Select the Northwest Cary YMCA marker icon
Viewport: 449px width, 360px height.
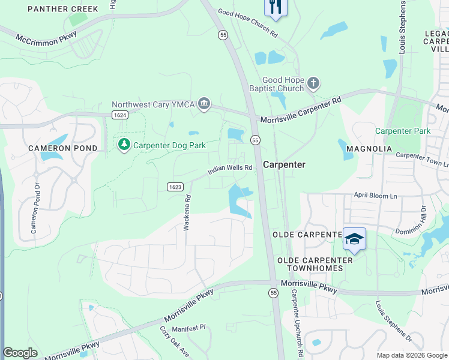(x=204, y=104)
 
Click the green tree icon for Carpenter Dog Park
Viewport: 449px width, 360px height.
(x=124, y=145)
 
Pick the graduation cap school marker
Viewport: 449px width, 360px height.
(x=354, y=239)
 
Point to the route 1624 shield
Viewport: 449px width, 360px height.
(x=119, y=114)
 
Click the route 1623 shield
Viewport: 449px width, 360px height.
(x=175, y=187)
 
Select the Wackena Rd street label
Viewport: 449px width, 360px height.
(x=188, y=212)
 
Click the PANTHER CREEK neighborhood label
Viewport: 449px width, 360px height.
(x=62, y=9)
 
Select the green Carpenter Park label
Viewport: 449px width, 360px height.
(x=402, y=131)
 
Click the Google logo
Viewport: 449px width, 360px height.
(x=20, y=353)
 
